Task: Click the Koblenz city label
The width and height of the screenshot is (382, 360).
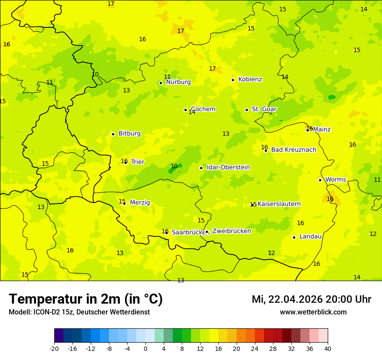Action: point(250,79)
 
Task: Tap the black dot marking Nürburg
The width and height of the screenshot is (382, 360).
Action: point(161,83)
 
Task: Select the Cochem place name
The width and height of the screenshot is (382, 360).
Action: point(203,109)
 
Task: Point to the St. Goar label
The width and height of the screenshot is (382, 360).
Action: point(264,109)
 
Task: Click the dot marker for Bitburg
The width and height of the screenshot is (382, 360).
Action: point(113,134)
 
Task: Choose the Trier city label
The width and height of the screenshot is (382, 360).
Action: point(138,162)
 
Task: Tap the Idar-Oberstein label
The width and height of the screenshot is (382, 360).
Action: point(228,167)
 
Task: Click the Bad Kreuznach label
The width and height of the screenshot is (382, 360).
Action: point(293,150)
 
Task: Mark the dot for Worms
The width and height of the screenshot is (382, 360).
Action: point(320,180)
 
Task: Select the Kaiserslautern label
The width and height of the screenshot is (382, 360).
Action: point(279,204)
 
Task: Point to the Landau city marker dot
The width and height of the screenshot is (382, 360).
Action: point(294,237)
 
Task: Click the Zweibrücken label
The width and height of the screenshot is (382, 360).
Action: point(231,231)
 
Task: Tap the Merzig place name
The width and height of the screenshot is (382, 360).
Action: point(140,203)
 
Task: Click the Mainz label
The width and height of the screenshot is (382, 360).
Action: point(322,129)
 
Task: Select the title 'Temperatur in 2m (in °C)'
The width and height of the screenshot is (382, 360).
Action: point(86,299)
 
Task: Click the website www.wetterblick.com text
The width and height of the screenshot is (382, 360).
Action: point(313,312)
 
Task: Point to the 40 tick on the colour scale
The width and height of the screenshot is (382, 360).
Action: point(328,348)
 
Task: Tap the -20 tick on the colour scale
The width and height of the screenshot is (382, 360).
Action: point(54,348)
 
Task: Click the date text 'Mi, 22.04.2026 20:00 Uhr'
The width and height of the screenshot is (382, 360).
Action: point(311,299)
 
